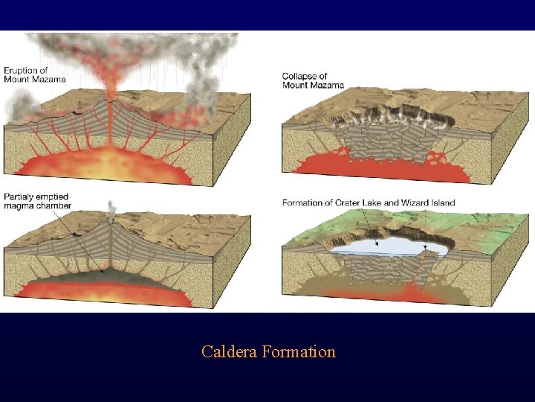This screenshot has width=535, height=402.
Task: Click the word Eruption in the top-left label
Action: pyautogui.click(x=21, y=70)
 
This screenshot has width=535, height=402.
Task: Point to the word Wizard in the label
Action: pyautogui.click(x=408, y=202)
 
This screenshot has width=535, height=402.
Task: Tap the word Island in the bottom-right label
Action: pyautogui.click(x=439, y=202)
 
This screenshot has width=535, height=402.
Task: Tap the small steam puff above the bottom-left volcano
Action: pyautogui.click(x=111, y=206)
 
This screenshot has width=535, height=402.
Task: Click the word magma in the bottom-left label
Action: pyautogui.click(x=19, y=205)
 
